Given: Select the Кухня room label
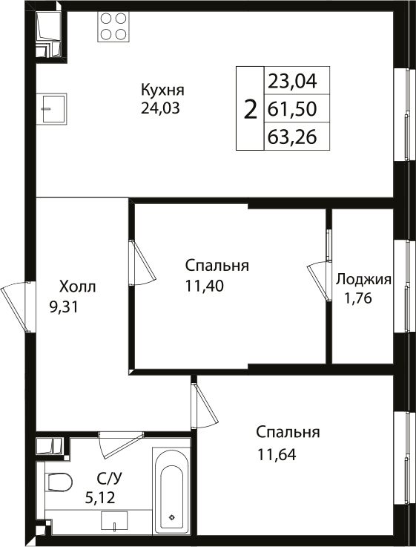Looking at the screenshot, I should coord(162,91).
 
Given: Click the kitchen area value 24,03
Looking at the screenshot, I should coord(161,108).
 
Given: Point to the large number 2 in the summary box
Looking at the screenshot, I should coord(251,109).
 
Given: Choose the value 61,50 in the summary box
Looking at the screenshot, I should coord(292,109).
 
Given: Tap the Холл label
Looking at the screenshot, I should coord(77,286).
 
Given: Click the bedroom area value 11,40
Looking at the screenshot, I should coord(205,284).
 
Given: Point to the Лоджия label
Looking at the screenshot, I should coord(363,279).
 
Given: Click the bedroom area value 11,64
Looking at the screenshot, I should coord(277,453).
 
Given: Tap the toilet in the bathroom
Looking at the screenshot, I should coord(56,483).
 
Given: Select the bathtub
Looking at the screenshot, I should coord(171,489).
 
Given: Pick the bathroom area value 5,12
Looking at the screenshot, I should coord(100,497).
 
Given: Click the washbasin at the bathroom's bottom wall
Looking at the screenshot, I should coord(115,520).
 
